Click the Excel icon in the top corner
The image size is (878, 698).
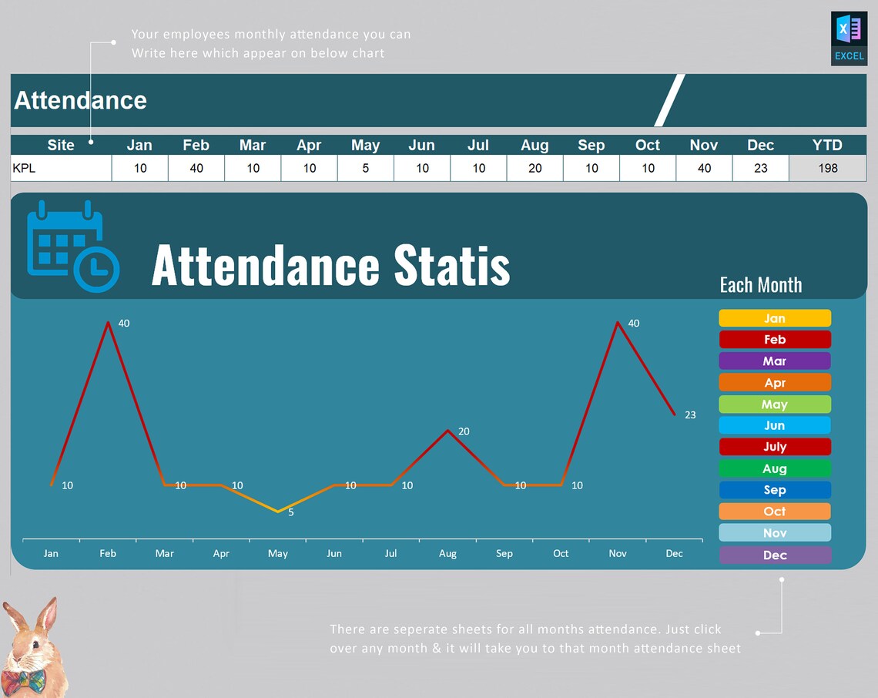(x=849, y=38)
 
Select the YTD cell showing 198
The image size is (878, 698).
(x=827, y=168)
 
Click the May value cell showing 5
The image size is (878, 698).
(x=365, y=168)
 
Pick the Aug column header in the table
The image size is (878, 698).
(x=535, y=145)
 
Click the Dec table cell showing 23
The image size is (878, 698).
(x=760, y=168)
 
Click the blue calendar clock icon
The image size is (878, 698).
(x=72, y=247)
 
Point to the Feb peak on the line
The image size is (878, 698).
(x=108, y=322)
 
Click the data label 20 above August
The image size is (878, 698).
(x=464, y=431)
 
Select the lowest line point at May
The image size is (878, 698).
(x=278, y=512)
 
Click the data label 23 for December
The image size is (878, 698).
(x=690, y=414)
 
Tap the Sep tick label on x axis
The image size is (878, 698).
(x=504, y=553)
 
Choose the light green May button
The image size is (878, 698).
(x=775, y=404)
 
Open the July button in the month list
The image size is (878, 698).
(x=775, y=447)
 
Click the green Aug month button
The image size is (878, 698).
(x=775, y=468)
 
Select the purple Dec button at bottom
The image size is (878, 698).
(x=775, y=555)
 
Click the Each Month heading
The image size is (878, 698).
(x=760, y=285)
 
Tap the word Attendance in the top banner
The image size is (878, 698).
(x=80, y=100)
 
